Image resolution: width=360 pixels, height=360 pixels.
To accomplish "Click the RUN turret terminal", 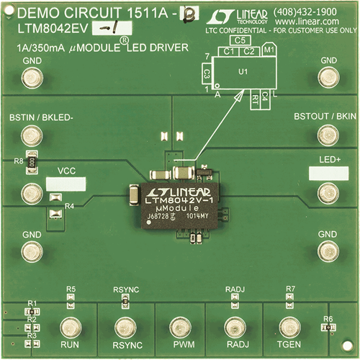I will click(x=70, y=325).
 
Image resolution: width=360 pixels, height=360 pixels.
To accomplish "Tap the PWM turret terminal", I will click(x=179, y=325).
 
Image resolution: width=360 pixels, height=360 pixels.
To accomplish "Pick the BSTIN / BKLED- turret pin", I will click(x=31, y=135).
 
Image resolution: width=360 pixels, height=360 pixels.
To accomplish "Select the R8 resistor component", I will click(x=31, y=163).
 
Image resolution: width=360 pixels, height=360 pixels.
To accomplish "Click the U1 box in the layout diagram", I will click(x=243, y=73).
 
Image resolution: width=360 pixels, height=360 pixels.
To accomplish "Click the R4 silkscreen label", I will click(x=69, y=207).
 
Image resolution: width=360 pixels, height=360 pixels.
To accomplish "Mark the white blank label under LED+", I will click(x=328, y=173).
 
